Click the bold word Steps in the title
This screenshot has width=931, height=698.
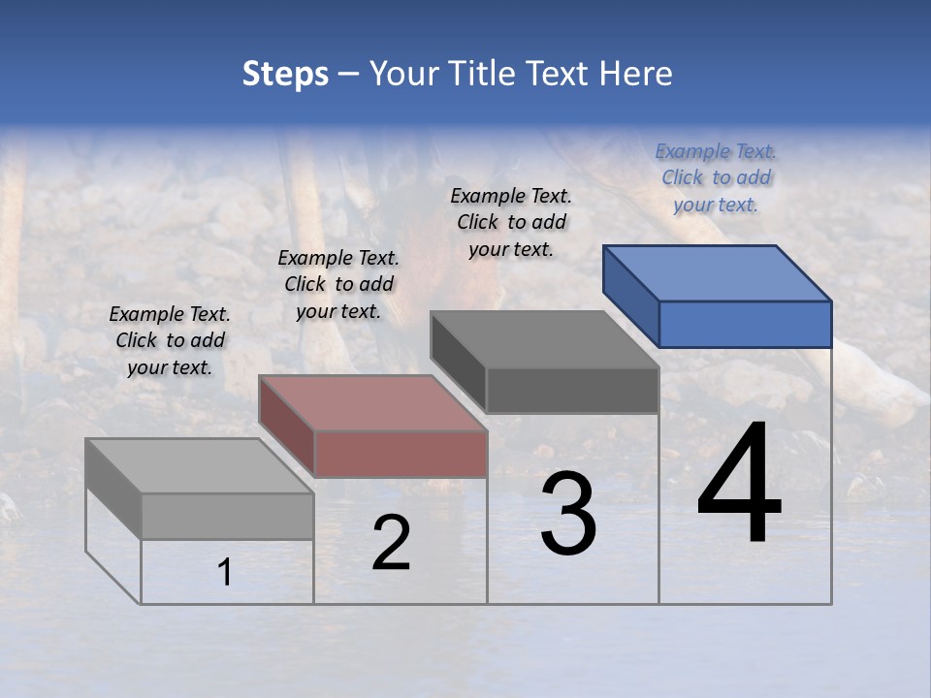[x=285, y=74]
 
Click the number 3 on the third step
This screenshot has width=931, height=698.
[x=568, y=514]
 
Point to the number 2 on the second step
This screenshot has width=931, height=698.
[x=391, y=544]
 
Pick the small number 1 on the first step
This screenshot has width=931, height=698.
[x=225, y=573]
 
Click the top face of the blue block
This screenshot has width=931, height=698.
[x=718, y=272]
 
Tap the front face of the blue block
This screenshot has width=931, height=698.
[x=745, y=324]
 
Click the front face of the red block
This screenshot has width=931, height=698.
[x=401, y=454]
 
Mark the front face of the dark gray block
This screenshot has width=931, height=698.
[x=572, y=390]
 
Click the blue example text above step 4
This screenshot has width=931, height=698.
[x=716, y=177]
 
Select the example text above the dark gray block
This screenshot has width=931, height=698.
[x=511, y=222]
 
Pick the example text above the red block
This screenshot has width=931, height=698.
[x=338, y=284]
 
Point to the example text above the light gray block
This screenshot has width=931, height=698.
[x=170, y=340]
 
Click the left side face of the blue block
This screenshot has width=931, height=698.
[x=631, y=296]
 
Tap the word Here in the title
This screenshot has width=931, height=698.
[x=636, y=74]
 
